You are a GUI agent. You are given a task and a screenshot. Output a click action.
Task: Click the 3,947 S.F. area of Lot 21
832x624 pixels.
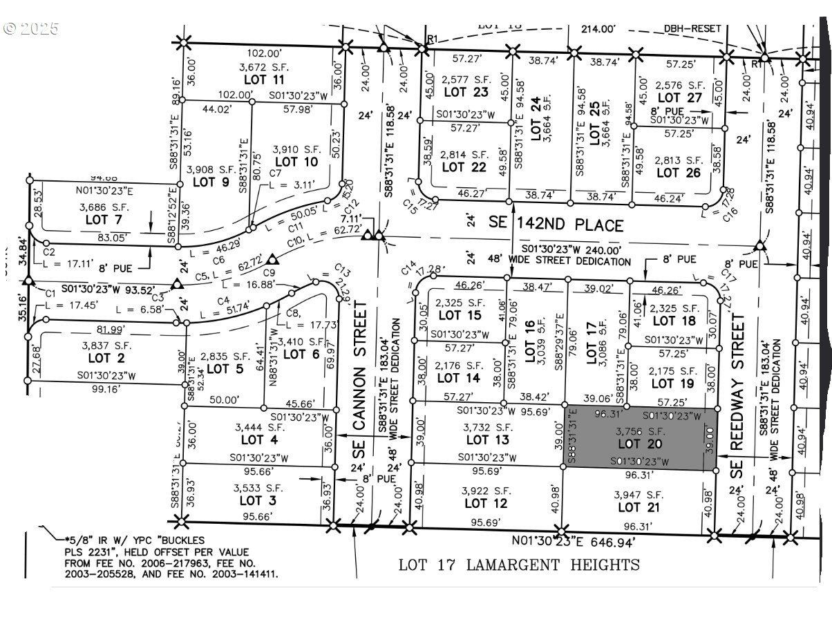point(639,495)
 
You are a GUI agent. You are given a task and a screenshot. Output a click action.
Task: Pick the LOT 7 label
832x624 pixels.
point(101,220)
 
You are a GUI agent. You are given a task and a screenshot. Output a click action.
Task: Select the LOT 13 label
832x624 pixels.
point(487,439)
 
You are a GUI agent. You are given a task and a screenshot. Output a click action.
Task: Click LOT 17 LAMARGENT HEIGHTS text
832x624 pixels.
point(519,565)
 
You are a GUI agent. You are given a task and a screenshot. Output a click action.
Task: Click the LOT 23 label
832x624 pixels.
point(466,92)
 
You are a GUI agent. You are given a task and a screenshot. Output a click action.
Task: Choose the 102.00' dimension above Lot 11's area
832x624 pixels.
point(263,53)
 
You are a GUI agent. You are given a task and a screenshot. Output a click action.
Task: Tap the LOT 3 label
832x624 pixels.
point(257,500)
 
